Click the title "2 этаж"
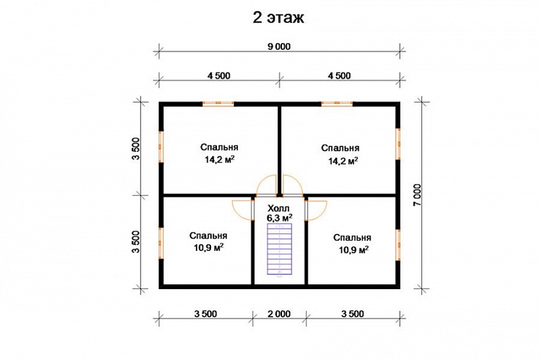coord(279,18)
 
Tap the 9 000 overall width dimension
coord(279,46)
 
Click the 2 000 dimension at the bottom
coord(279,314)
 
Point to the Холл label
coord(279,208)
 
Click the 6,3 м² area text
coord(279,217)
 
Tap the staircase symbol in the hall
coord(279,250)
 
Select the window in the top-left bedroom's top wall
coord(218,103)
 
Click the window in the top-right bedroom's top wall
coord(337,103)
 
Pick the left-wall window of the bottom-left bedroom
coord(161,243)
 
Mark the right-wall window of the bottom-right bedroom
coord(398,245)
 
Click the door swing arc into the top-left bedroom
coord(266,185)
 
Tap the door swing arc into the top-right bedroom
coord(293,185)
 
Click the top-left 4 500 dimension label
coord(219,76)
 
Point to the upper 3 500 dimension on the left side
coord(136,148)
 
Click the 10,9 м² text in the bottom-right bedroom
coord(353,250)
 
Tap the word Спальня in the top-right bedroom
coord(341,148)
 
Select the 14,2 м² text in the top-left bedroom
coord(220,160)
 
